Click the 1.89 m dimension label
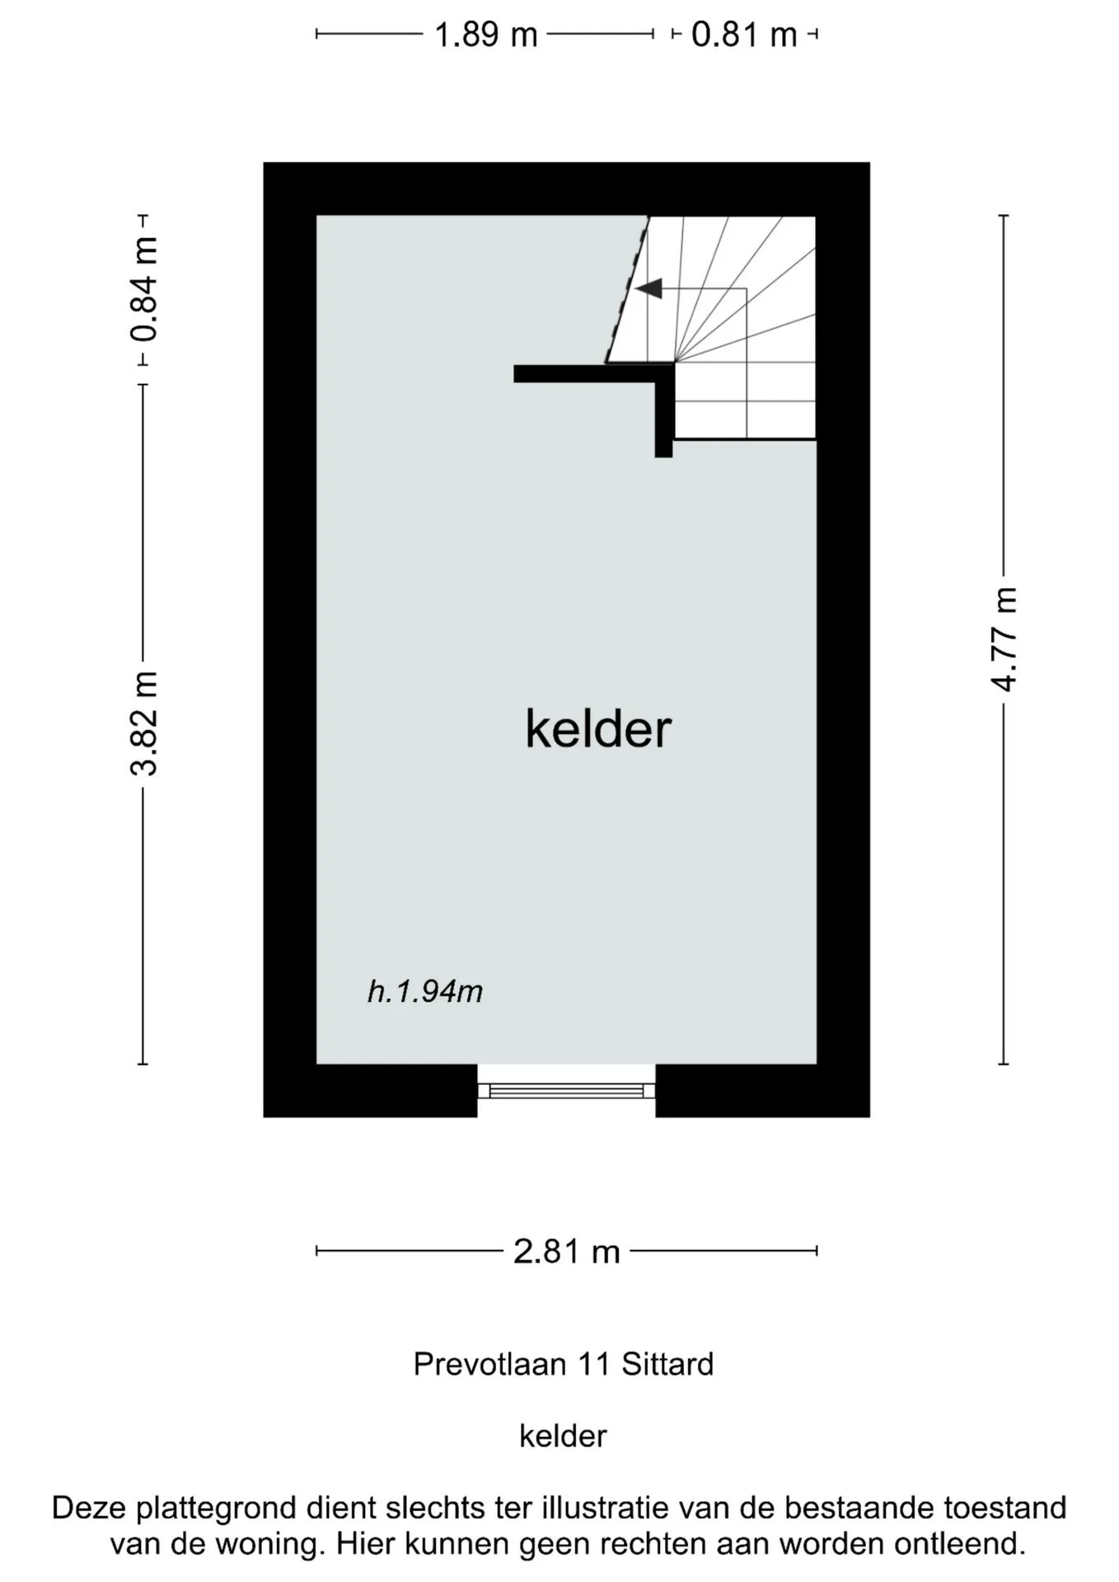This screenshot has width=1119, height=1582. click(x=485, y=35)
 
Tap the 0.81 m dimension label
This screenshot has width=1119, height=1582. click(x=744, y=35)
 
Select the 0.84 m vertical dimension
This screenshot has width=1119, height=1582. click(x=144, y=288)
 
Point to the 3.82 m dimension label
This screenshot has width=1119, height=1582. click(x=144, y=723)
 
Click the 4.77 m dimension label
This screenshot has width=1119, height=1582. click(x=1004, y=639)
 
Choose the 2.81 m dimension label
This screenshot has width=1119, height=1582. click(x=566, y=1251)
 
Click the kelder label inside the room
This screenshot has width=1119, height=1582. click(x=598, y=729)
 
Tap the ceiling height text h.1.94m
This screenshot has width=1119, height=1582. click(x=425, y=991)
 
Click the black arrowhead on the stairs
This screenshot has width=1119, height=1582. click(x=648, y=288)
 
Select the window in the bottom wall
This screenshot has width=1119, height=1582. click(x=566, y=1091)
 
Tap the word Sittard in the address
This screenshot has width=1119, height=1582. click(x=667, y=1364)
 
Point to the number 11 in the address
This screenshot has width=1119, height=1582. click(x=594, y=1364)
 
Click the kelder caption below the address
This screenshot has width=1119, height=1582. click(x=563, y=1435)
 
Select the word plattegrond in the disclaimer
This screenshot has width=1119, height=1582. click(x=217, y=1509)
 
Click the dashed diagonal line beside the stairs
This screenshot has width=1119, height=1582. click(x=627, y=289)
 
